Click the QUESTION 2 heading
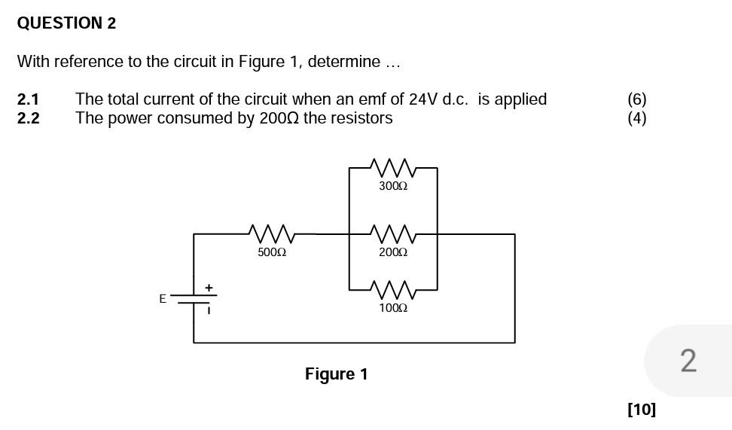tap(66, 23)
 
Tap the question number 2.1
tap(28, 99)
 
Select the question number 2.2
tap(28, 118)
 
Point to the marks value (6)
tap(636, 99)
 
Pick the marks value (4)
tap(636, 118)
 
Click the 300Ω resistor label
tap(393, 186)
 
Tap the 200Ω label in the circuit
tap(393, 252)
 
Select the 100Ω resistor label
tap(393, 308)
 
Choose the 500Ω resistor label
tap(272, 252)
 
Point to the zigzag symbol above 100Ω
tap(393, 289)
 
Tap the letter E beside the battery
tap(163, 299)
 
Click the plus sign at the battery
tap(209, 288)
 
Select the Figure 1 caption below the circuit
tap(336, 374)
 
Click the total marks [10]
tap(641, 409)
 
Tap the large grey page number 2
tap(688, 361)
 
